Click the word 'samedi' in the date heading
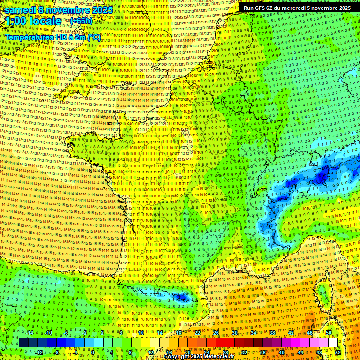coord(21,10)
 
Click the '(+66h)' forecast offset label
coord(82,21)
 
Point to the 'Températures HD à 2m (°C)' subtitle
coord(52,37)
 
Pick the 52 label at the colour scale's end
coord(338,352)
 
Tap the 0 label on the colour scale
coord(93,352)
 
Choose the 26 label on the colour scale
coord(216,333)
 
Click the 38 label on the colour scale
coord(272,333)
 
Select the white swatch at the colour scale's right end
coord(333,343)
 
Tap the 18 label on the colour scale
coord(179,333)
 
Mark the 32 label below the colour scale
coord(244,352)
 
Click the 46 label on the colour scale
coord(310,333)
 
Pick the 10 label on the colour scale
coord(141,333)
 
